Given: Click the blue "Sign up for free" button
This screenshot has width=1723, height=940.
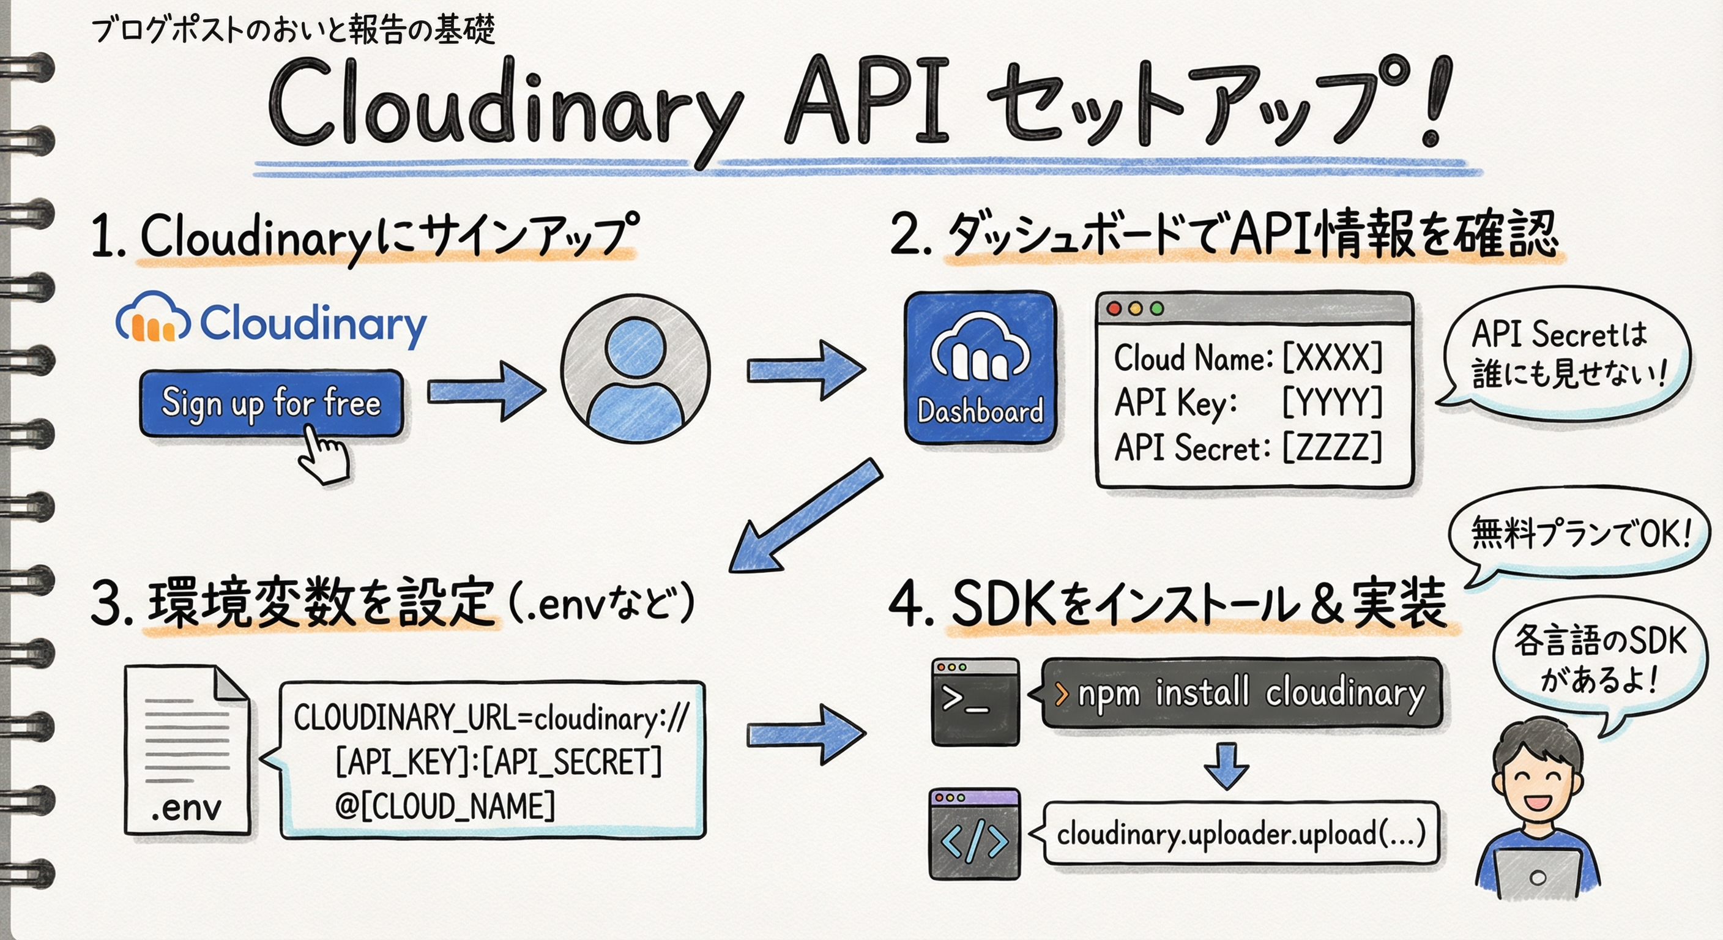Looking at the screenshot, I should click(271, 403).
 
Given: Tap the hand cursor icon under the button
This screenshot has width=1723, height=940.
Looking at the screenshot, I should click(324, 455).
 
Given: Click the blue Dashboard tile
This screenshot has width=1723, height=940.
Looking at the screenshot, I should click(980, 367).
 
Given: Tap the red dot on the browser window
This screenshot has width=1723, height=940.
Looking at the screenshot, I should click(1114, 309).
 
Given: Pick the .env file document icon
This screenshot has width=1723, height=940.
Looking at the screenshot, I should click(187, 749).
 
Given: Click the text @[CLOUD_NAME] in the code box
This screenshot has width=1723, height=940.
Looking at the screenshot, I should click(445, 805).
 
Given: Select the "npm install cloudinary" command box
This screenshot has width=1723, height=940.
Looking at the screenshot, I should click(1241, 693).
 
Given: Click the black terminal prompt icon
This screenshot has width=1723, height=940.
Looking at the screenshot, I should click(976, 701).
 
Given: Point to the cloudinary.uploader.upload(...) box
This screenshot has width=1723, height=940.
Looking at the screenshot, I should click(1241, 834).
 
